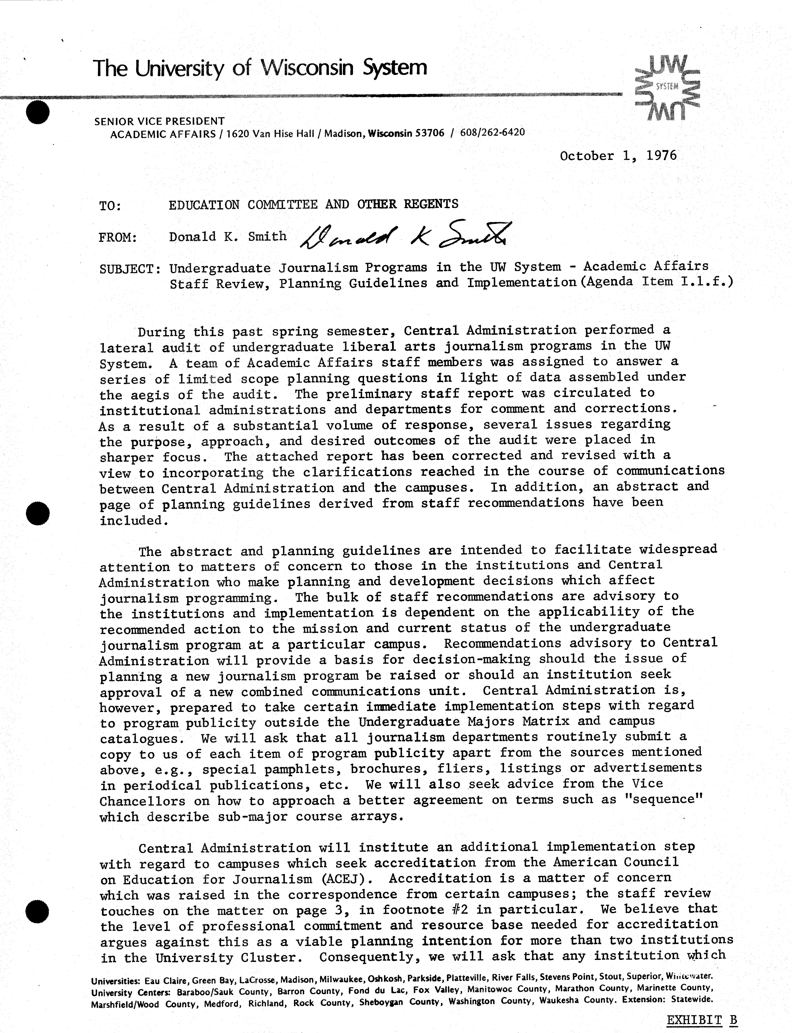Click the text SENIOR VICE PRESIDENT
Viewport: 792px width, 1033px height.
[x=159, y=121]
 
